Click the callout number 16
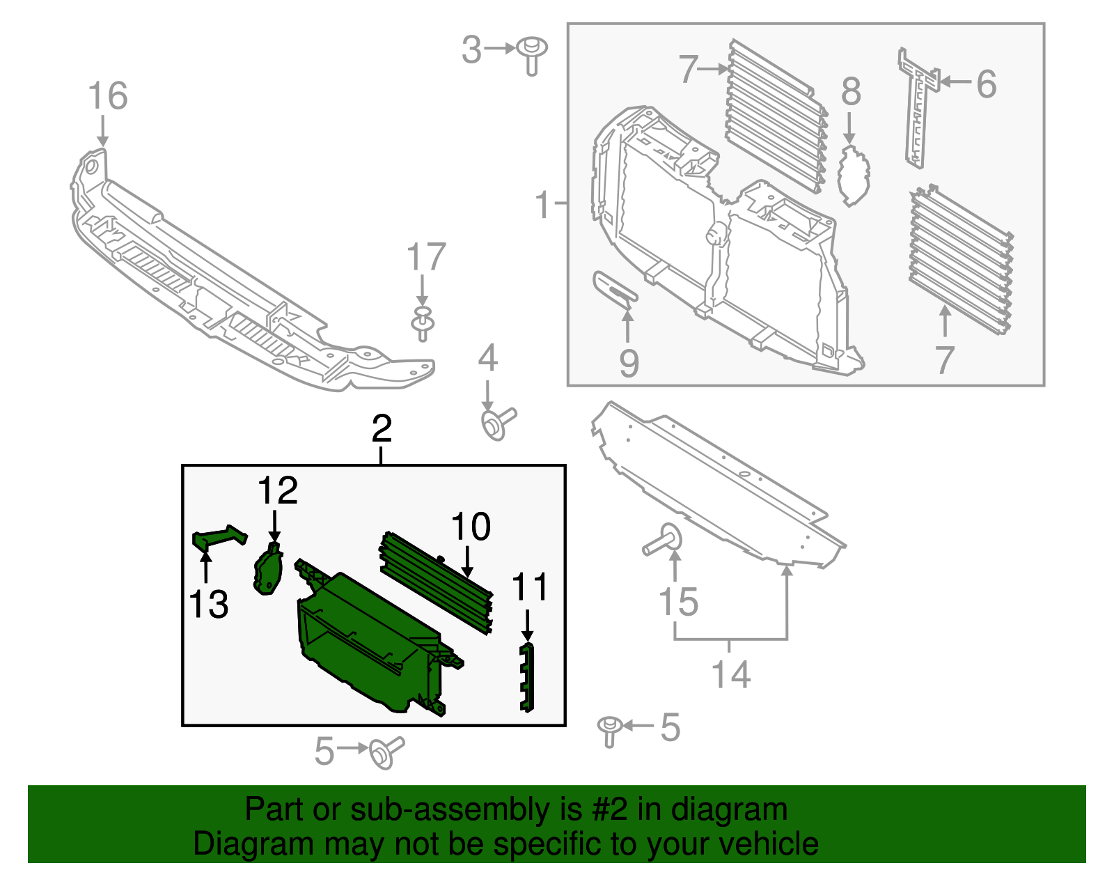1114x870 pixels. tap(108, 96)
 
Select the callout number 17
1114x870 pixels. tap(425, 258)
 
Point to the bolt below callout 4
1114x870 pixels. tap(497, 423)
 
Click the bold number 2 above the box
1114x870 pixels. tap(382, 428)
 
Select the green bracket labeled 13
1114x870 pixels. tap(217, 537)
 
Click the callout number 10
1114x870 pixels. tap(471, 527)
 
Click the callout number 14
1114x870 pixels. tap(731, 674)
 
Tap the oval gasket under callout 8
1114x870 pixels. tap(854, 175)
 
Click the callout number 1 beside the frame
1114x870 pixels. tap(543, 205)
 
